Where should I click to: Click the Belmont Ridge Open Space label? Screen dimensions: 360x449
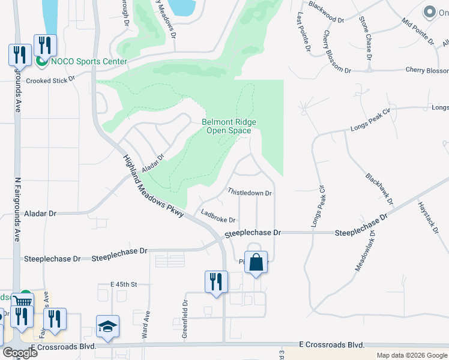[x=231, y=126]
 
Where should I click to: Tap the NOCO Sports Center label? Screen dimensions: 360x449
[x=88, y=61]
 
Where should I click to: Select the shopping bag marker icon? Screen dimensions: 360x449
[x=256, y=263]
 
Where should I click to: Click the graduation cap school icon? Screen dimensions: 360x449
[x=108, y=326]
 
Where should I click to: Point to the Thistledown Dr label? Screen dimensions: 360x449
[x=250, y=193]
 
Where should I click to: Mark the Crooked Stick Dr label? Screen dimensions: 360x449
[x=50, y=80]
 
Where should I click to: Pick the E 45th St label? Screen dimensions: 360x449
[x=124, y=284]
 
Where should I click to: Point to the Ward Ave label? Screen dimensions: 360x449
[x=145, y=325]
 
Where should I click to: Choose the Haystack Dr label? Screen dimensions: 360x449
[x=430, y=217]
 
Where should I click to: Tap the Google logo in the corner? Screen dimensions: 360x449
[x=20, y=353]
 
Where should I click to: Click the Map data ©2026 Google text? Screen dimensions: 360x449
[x=411, y=355]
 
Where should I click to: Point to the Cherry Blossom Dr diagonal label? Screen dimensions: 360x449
[x=337, y=52]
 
